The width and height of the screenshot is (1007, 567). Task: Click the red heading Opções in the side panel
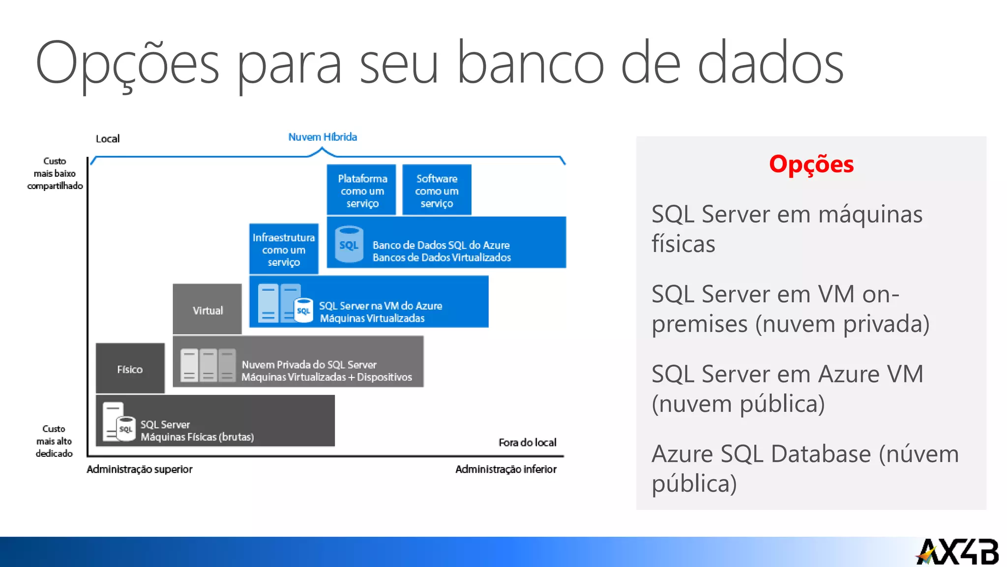[x=811, y=164]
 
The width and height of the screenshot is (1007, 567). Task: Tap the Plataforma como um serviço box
[x=362, y=190]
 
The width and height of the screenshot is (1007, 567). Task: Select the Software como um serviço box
[x=437, y=190]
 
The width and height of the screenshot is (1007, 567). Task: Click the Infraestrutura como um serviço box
[x=284, y=250]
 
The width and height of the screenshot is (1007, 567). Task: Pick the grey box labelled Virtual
[x=207, y=310]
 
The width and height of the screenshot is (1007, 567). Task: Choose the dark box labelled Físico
[x=130, y=369]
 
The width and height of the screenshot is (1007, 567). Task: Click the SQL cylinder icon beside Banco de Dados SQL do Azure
[x=349, y=244]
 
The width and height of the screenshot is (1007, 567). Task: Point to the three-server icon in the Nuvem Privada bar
[x=208, y=365]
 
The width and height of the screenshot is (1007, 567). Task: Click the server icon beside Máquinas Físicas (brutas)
[x=118, y=423]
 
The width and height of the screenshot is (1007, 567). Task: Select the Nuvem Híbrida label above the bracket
[x=323, y=137]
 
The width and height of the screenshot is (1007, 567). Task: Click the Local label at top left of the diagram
[x=108, y=139]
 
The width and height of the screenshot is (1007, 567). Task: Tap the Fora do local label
[x=527, y=442]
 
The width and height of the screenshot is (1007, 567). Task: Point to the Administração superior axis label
[x=140, y=469]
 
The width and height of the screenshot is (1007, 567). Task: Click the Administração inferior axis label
[x=506, y=469]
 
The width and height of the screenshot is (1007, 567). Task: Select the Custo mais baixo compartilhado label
[x=55, y=173]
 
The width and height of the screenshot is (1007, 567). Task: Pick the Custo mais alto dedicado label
[x=54, y=441]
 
